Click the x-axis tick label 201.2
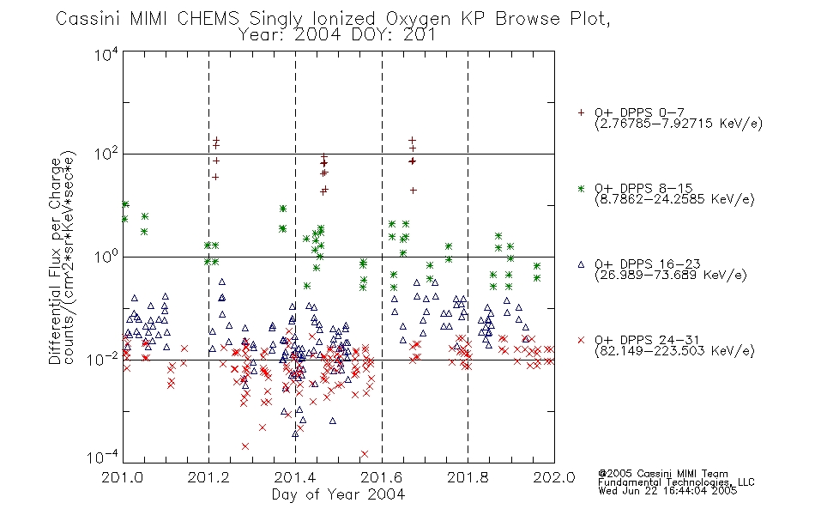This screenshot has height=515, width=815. click(x=208, y=477)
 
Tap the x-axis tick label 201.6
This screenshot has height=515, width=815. click(x=382, y=477)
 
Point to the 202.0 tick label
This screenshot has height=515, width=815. click(x=554, y=477)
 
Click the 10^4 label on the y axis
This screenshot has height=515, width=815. click(x=106, y=54)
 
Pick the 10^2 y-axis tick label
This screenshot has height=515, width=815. click(x=106, y=154)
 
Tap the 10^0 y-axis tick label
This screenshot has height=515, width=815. click(x=106, y=257)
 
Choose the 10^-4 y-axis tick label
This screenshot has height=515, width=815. click(x=103, y=457)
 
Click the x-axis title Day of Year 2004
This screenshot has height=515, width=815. click(x=338, y=494)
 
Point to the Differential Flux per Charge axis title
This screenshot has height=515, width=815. click(x=55, y=261)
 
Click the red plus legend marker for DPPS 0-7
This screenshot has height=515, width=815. click(x=581, y=112)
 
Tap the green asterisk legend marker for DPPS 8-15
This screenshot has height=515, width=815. click(x=581, y=188)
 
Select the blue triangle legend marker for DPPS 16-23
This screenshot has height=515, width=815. click(x=581, y=264)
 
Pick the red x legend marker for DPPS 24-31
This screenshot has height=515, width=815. click(x=581, y=340)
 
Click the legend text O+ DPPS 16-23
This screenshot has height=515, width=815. click(x=648, y=264)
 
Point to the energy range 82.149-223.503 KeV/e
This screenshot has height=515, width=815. click(x=674, y=351)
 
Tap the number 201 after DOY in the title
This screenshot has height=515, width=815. click(x=420, y=35)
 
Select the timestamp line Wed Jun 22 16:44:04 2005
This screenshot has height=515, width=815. click(x=667, y=490)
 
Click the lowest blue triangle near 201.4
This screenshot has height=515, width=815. click(x=295, y=433)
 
